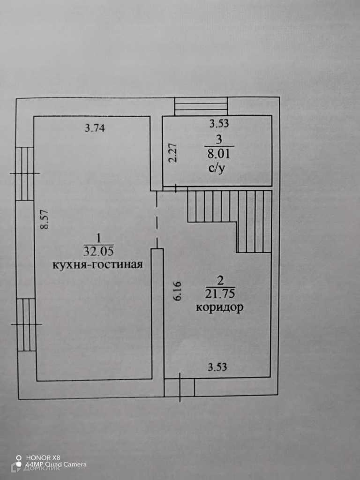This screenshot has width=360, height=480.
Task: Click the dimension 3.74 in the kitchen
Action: coord(96,127)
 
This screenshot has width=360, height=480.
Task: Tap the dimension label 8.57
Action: coord(45,219)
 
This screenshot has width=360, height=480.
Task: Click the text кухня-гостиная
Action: coord(97,264)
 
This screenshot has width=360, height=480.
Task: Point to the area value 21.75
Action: coord(220,294)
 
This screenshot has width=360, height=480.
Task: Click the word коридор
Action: coord(219,308)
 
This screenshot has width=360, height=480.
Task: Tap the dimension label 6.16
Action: coord(177,291)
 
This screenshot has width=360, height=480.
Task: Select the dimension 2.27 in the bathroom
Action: coord(172,152)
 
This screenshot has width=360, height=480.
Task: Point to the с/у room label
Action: coord(217,168)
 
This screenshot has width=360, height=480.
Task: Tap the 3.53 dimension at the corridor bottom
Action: coord(217,367)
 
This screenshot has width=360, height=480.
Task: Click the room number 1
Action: coord(98,237)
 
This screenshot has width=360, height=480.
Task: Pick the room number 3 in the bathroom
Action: coord(218,139)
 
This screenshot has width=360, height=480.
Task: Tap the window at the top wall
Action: coord(201,106)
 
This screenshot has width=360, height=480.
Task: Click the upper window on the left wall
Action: coord(25,173)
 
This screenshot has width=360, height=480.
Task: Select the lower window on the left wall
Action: coord(26,324)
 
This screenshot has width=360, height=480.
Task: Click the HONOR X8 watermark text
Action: coord(43,457)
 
